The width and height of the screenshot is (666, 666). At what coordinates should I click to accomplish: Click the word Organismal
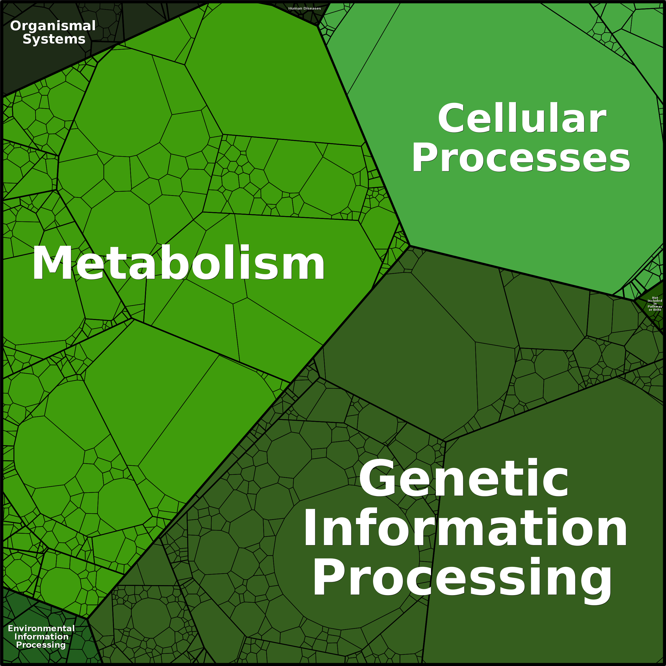click(53, 26)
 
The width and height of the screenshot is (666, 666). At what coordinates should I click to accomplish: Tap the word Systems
click(54, 39)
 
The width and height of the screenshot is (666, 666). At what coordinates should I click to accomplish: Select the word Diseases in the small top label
click(312, 8)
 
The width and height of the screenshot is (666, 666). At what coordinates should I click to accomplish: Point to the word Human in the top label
click(295, 8)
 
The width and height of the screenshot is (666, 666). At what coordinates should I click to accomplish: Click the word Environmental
click(41, 628)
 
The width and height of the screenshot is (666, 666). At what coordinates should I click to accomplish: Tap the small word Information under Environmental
click(41, 637)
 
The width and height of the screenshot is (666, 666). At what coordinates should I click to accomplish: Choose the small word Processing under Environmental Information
click(41, 645)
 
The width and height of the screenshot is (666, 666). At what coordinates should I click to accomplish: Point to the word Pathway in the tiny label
click(655, 306)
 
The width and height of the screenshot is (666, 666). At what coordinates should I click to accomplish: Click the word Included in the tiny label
click(655, 301)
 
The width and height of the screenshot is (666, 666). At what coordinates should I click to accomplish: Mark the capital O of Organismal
click(16, 26)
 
